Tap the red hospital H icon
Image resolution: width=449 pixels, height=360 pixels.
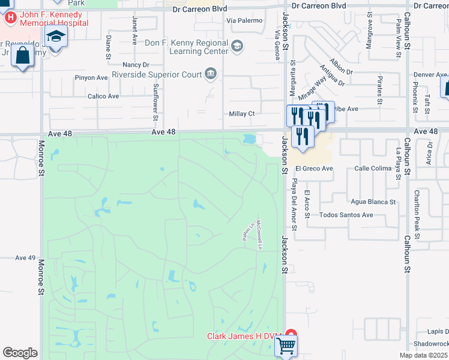(10, 17)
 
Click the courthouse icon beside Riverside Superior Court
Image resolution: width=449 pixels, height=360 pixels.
(211, 74)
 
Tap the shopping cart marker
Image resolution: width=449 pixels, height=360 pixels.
(286, 346)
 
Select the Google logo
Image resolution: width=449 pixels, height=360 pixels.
(20, 353)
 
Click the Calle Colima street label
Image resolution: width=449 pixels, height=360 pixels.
(373, 169)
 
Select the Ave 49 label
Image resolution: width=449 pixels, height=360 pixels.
(26, 257)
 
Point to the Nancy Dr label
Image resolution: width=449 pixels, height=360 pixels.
(135, 64)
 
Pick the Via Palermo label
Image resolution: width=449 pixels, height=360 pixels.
(245, 20)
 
